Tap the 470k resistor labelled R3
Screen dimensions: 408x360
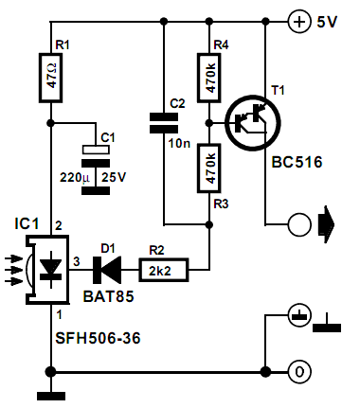(x=210, y=167)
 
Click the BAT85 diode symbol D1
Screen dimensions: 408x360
(x=111, y=271)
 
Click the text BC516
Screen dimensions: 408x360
(x=296, y=163)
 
